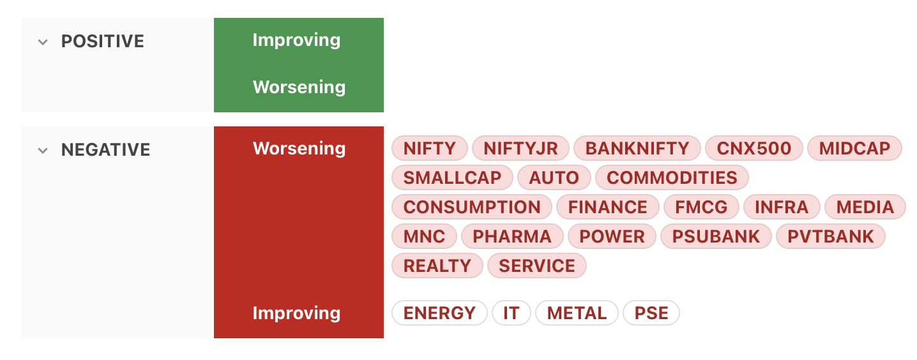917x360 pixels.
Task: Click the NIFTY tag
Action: pyautogui.click(x=429, y=148)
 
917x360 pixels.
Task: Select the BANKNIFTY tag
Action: pyautogui.click(x=637, y=148)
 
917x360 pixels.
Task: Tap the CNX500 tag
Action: pyautogui.click(x=754, y=148)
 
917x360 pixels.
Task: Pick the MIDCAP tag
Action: pyautogui.click(x=854, y=148)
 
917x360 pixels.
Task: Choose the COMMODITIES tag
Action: pyautogui.click(x=672, y=177)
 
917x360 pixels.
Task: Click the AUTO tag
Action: pyautogui.click(x=554, y=177)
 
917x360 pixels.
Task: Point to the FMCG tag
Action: pyautogui.click(x=701, y=207)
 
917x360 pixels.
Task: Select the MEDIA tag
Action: pyautogui.click(x=865, y=207)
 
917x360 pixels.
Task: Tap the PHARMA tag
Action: pyautogui.click(x=512, y=236)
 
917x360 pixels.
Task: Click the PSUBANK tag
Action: pyautogui.click(x=716, y=236)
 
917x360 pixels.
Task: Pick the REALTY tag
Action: pyautogui.click(x=437, y=266)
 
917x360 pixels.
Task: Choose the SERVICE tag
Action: pyautogui.click(x=536, y=266)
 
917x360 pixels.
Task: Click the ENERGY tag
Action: pyautogui.click(x=439, y=313)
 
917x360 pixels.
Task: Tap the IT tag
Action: pyautogui.click(x=512, y=313)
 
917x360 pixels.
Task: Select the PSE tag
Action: pyautogui.click(x=651, y=313)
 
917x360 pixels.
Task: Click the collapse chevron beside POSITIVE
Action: pyautogui.click(x=43, y=41)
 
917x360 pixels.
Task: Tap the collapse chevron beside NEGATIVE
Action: pyautogui.click(x=43, y=151)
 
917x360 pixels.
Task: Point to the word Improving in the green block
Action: pyautogui.click(x=296, y=40)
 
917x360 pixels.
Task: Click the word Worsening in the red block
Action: pyautogui.click(x=299, y=149)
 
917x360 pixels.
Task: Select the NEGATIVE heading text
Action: pyautogui.click(x=105, y=150)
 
